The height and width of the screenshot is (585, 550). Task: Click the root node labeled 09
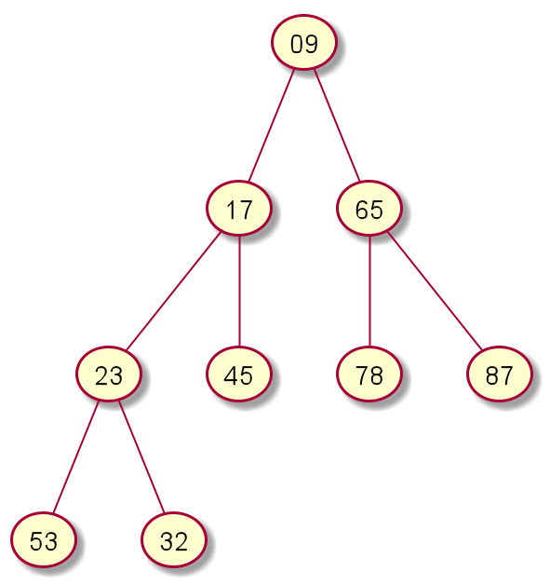click(x=304, y=42)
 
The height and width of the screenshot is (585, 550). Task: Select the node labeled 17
click(x=239, y=208)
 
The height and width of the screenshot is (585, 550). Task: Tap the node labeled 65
click(x=369, y=208)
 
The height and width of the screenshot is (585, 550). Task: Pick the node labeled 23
click(x=109, y=374)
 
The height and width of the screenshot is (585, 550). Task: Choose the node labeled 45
click(x=239, y=374)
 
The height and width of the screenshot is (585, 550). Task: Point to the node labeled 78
click(x=369, y=374)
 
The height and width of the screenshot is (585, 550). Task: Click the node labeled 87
click(x=500, y=374)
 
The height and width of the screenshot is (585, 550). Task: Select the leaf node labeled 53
click(x=43, y=540)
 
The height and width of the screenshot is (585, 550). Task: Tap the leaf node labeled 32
click(x=174, y=540)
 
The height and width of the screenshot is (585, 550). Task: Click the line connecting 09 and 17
click(x=272, y=125)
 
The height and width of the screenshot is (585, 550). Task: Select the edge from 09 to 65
click(x=337, y=125)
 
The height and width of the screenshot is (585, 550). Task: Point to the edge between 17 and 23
click(x=174, y=291)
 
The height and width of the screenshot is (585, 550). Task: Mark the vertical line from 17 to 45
click(x=239, y=291)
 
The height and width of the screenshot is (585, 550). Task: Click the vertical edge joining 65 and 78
click(x=369, y=291)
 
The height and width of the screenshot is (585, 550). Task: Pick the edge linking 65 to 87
click(x=435, y=291)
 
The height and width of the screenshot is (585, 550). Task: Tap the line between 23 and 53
click(x=75, y=457)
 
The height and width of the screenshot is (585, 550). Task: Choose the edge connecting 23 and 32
click(x=141, y=457)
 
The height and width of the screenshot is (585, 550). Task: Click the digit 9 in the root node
click(x=311, y=44)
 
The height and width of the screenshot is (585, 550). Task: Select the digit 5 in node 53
click(x=36, y=541)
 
